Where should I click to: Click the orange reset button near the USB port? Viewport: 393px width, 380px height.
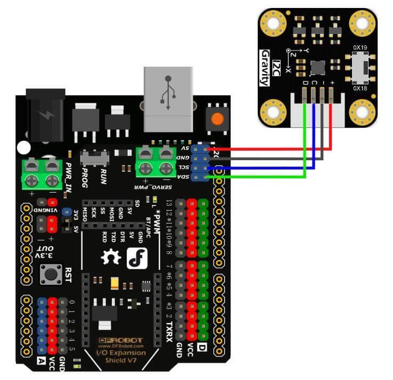[216, 118]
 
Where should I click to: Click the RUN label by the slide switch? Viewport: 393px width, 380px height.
[103, 176]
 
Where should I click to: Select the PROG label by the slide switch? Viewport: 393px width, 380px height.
[85, 176]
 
